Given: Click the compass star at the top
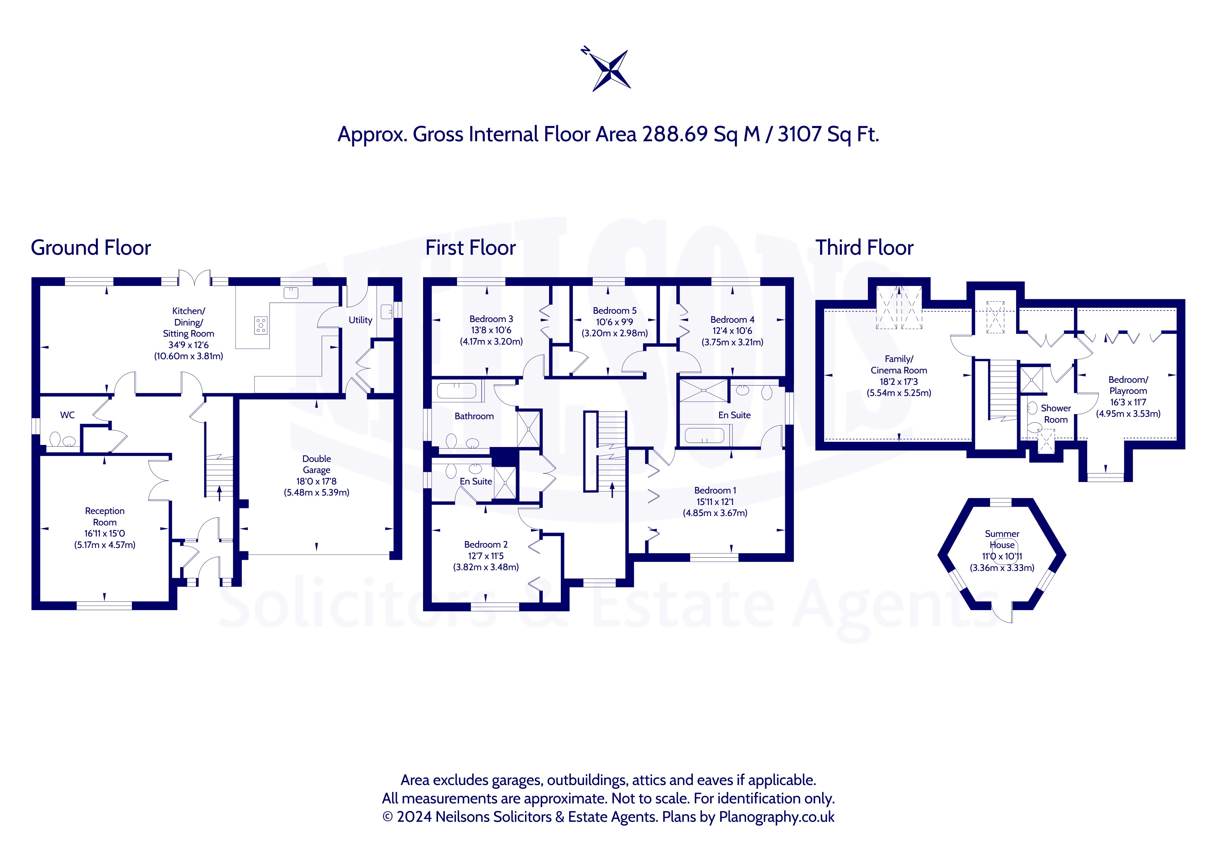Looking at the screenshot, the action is coord(611,70).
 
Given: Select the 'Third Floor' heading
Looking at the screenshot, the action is coord(864,247).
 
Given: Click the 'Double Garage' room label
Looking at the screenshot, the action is coord(316,464).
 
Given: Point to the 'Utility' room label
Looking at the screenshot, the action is coord(361,320).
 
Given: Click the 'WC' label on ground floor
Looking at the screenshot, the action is coord(67,415).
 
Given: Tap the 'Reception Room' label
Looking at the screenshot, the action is coord(105,516).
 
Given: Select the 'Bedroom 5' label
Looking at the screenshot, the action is coord(615,311).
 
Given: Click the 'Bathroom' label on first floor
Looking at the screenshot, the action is coord(474,416).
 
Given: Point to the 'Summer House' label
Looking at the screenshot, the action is coord(1002,539).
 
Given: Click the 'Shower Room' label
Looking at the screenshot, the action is coord(1056,414).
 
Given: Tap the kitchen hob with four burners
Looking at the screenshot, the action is coord(261,325).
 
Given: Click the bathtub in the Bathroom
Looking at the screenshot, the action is coord(456,391).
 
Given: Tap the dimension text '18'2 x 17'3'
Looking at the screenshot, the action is coord(899,382).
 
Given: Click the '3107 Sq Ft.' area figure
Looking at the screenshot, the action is coord(828,135).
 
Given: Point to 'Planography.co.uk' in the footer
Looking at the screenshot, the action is coord(777,817).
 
